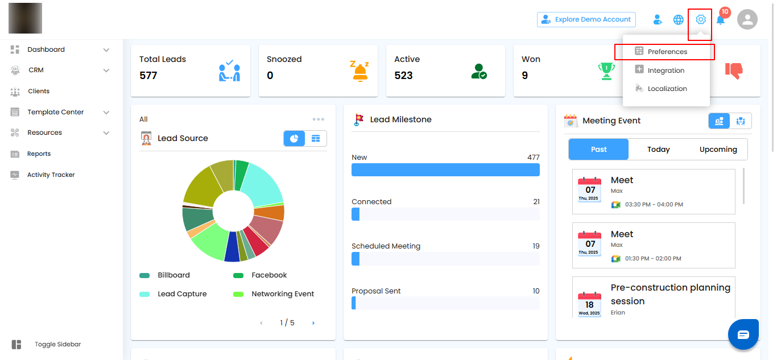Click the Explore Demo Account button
(x=586, y=19)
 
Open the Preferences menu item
(x=667, y=52)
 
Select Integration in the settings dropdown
(x=666, y=71)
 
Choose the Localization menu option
(x=667, y=89)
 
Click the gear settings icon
(x=701, y=19)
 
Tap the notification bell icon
(x=721, y=20)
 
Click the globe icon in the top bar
(x=678, y=20)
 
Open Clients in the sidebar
(x=39, y=91)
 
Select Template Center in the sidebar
(x=55, y=112)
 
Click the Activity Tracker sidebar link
(x=51, y=175)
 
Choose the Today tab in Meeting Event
(x=658, y=150)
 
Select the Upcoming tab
(x=718, y=150)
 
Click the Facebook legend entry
(x=269, y=275)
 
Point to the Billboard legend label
(x=173, y=275)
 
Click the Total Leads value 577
(x=148, y=76)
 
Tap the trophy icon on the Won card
(x=606, y=71)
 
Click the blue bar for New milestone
(x=445, y=169)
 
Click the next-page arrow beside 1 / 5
(x=313, y=323)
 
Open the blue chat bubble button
(x=743, y=334)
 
